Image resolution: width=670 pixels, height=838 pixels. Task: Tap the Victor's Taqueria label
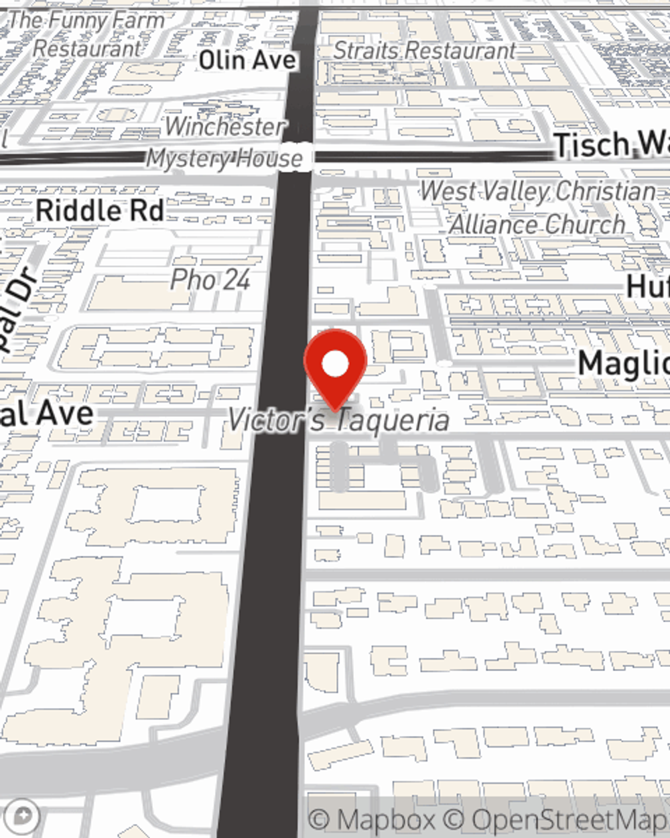tap(338, 420)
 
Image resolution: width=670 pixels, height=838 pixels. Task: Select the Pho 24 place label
tap(210, 280)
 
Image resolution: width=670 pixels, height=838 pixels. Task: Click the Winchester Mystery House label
tap(224, 143)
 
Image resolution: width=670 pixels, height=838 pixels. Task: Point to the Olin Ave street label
tap(247, 60)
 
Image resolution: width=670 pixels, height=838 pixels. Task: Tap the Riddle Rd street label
tap(100, 211)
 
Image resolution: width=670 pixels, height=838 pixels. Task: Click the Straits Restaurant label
tap(424, 50)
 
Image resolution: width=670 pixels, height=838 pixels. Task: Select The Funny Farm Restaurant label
tap(87, 34)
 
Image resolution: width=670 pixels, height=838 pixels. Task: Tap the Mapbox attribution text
tap(373, 820)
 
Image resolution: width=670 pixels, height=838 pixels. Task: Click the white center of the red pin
tap(336, 364)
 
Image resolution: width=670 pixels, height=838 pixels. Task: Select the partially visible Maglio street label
tap(623, 364)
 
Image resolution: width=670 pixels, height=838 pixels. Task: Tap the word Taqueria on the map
tap(392, 421)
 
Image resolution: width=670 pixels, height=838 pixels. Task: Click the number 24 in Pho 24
tap(236, 280)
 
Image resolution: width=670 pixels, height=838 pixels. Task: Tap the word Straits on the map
tap(367, 50)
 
